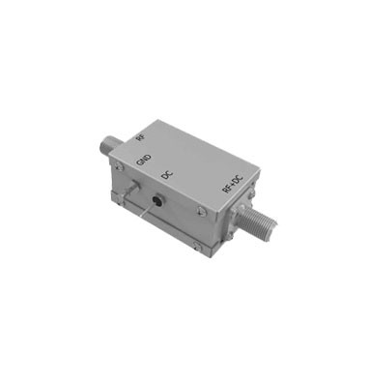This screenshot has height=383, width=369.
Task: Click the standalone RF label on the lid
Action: pos(139,137)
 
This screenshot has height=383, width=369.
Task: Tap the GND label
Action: pos(144,160)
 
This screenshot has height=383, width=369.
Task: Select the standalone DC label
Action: pos(167,175)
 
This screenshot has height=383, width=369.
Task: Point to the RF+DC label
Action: pos(233,184)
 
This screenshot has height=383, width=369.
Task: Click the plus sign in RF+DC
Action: pos(233,184)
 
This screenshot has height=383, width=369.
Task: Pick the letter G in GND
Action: pos(140,162)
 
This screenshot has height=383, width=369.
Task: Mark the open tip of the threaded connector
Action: pos(271,224)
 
